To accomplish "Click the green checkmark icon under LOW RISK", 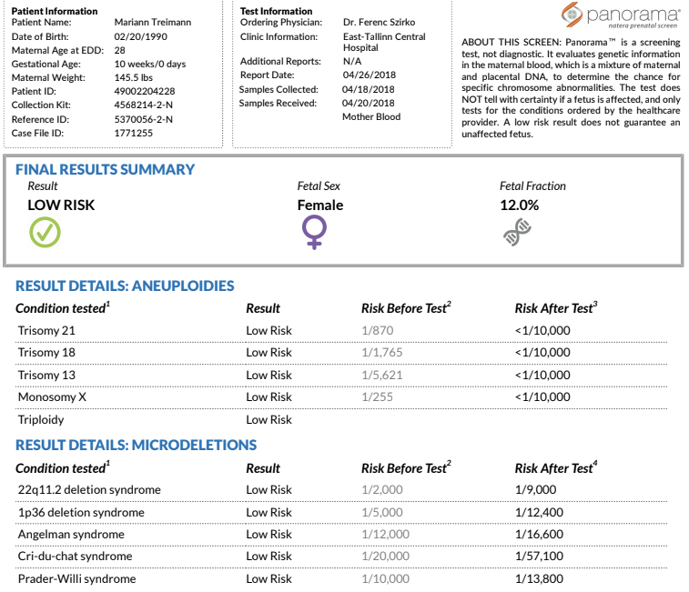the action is tap(45, 232).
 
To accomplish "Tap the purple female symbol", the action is tap(314, 233).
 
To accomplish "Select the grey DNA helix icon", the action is tap(517, 232).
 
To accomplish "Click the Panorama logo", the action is tap(621, 15).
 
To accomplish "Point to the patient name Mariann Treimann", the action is tap(153, 22).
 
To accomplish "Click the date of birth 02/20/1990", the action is tap(140, 36).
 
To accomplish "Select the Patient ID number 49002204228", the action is tap(145, 91).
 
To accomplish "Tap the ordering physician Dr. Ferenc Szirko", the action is tap(379, 22).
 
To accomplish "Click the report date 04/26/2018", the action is tap(370, 75).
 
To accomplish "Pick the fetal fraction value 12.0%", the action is tap(519, 206).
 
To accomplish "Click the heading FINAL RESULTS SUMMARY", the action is tap(105, 169).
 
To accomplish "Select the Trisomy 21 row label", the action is tap(46, 330).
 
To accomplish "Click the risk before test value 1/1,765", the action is tap(382, 352).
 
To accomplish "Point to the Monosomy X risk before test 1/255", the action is tap(377, 397).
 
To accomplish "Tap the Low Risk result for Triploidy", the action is tap(269, 420).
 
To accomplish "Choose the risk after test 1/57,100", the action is tap(539, 556).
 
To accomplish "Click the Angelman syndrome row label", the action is tap(71, 535).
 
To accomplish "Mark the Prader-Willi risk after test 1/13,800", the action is tap(539, 579).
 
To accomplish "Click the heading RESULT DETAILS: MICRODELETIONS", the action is tap(136, 445).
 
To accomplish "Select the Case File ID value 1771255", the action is tap(134, 133).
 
